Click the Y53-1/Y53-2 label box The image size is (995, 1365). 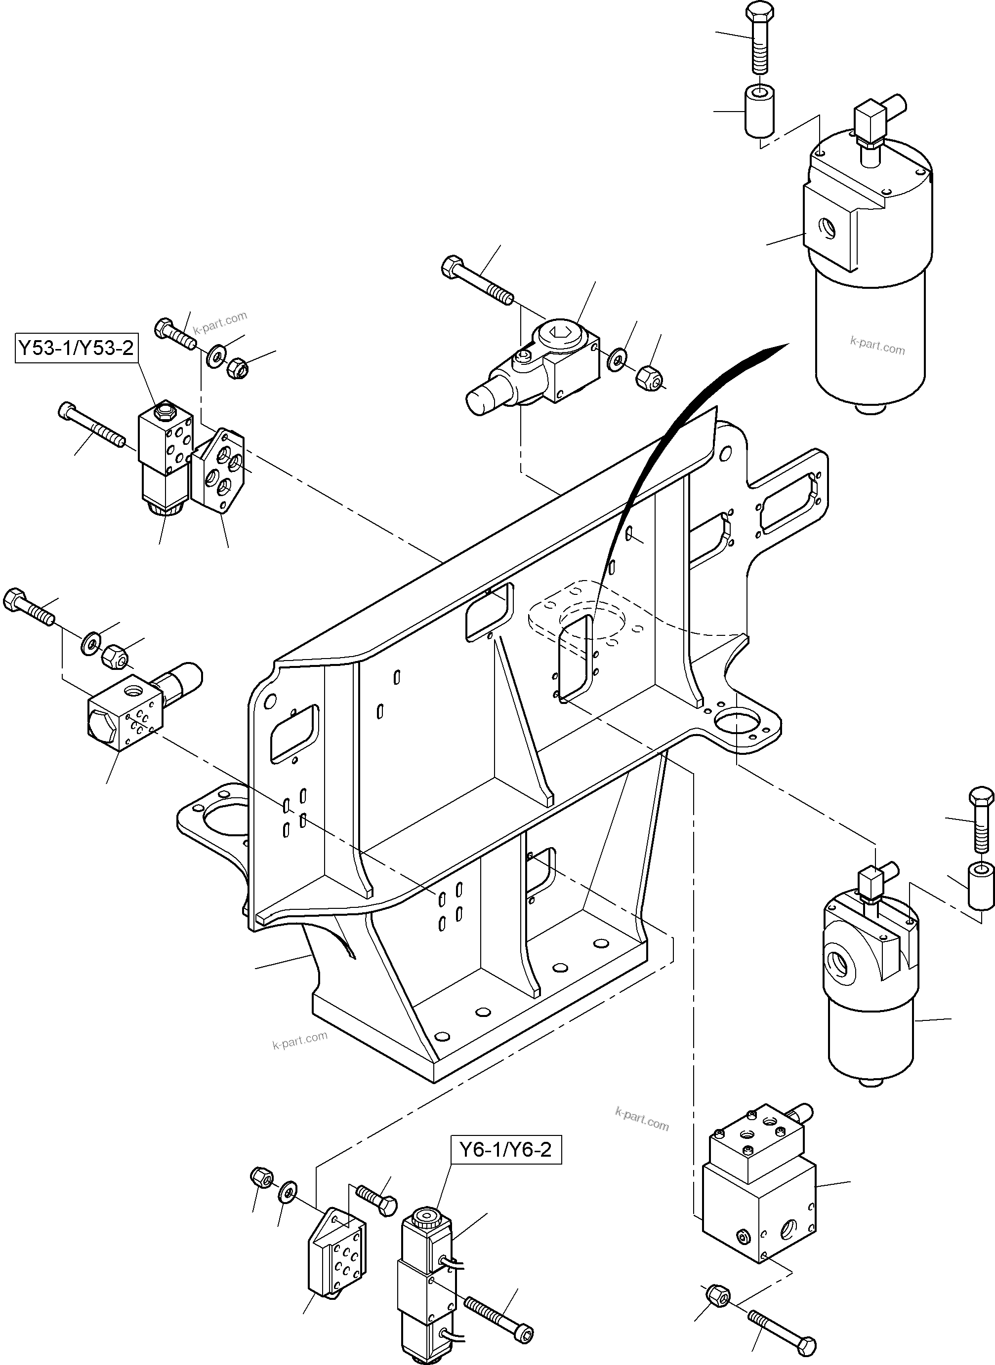[x=75, y=348]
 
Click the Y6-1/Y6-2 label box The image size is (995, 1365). [x=505, y=1150]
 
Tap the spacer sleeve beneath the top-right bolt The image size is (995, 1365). [x=759, y=112]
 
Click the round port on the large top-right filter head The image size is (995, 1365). [x=828, y=228]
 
